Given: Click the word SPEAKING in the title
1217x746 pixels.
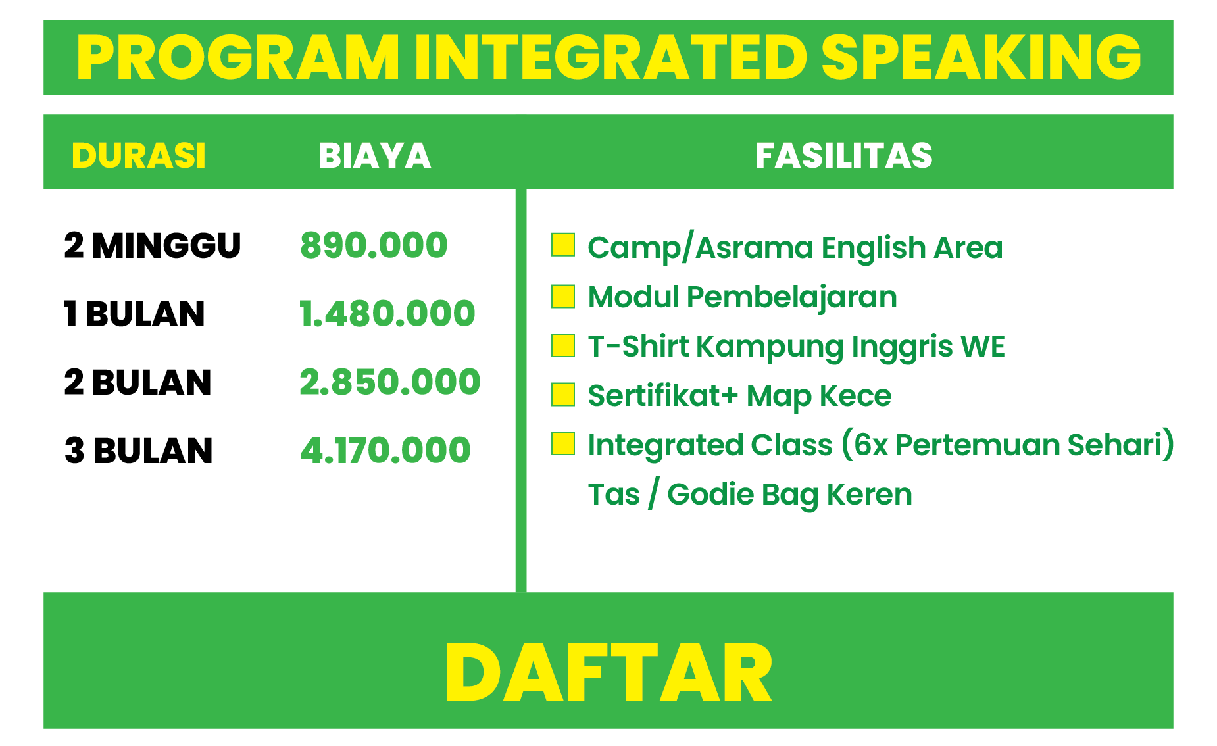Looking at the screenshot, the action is [981, 57].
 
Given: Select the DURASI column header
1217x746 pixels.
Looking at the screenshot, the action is [139, 156].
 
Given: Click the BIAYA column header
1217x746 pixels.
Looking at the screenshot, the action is [374, 156].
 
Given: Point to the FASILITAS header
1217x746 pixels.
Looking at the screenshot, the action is [844, 156].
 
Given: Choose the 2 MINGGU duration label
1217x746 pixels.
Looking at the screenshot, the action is [153, 245].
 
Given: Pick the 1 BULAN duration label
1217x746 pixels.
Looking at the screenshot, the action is [135, 314].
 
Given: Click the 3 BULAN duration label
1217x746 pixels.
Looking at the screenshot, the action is [139, 451].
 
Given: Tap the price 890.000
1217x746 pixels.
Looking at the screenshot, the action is [374, 245].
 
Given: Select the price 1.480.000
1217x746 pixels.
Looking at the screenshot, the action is [387, 314].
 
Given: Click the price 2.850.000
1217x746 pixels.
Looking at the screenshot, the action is [390, 382].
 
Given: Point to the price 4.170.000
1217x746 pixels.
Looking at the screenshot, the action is [385, 451].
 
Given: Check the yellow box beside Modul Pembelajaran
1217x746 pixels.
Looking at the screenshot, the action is [563, 296].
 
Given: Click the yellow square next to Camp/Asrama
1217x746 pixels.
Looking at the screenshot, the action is [563, 245].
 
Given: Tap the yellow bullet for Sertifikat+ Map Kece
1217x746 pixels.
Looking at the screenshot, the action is [563, 395].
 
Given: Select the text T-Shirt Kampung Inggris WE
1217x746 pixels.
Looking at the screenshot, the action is [797, 347].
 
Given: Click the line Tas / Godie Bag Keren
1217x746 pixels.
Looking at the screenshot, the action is [750, 495].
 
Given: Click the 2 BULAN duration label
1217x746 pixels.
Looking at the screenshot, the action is [138, 382].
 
